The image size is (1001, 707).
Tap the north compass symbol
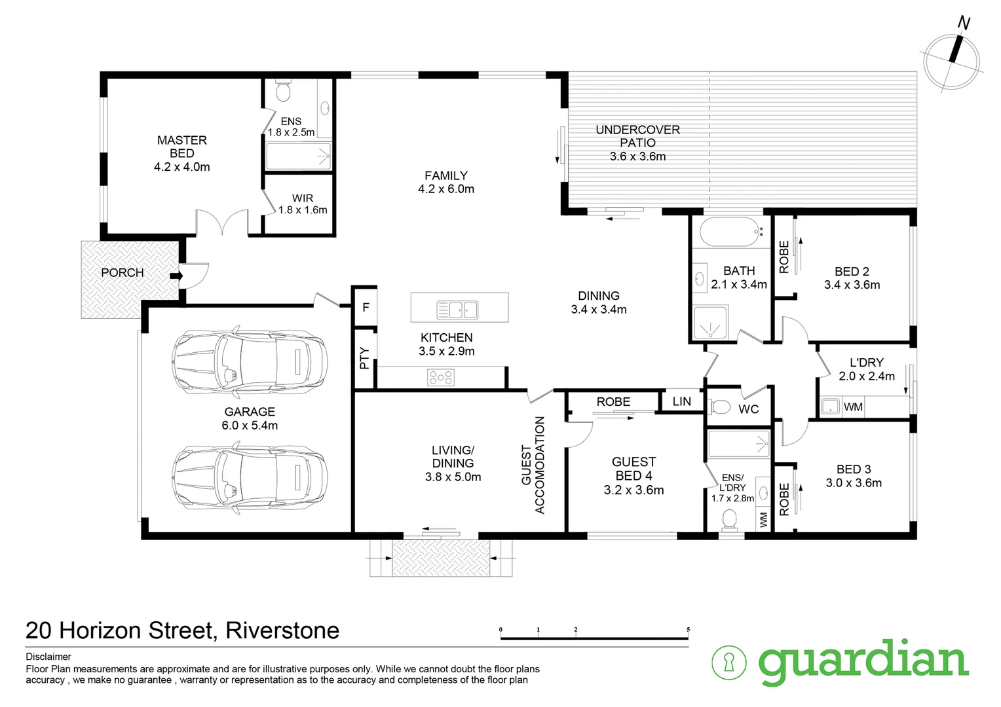(x=953, y=58)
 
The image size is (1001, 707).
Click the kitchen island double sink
(x=458, y=309)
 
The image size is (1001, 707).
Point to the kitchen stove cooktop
(x=440, y=377)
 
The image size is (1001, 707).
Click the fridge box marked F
(x=366, y=307)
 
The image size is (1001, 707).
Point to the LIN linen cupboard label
(x=681, y=401)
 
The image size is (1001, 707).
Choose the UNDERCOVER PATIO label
(x=637, y=136)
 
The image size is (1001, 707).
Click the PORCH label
(x=122, y=272)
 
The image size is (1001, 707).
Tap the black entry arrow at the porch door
(x=176, y=276)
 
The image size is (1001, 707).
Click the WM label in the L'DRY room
(x=853, y=407)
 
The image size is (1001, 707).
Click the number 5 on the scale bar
(x=688, y=630)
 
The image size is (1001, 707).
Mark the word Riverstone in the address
(x=282, y=630)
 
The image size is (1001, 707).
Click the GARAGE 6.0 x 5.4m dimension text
(x=250, y=426)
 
